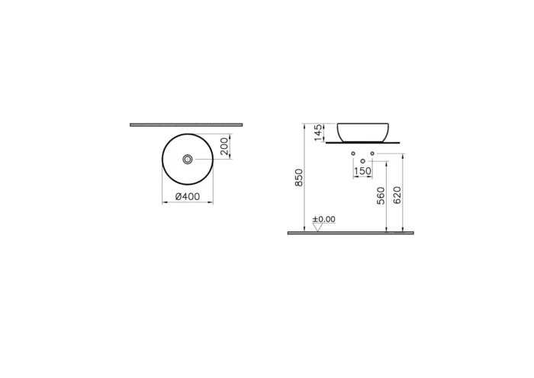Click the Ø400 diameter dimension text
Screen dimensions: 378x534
[x=188, y=196]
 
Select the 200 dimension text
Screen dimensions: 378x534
[x=224, y=147]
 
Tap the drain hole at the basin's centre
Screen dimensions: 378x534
[x=188, y=159]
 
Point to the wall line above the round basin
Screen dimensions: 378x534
[x=186, y=124]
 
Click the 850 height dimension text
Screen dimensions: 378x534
[x=300, y=177]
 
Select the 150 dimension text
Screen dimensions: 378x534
[x=363, y=172]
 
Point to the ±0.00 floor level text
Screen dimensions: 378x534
[x=324, y=219]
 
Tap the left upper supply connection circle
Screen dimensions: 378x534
[x=354, y=155]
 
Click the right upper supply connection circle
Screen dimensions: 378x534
[x=372, y=155]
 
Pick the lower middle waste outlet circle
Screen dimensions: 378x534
[x=363, y=161]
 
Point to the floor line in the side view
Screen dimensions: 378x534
[x=350, y=232]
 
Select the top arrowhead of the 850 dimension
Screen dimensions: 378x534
[x=304, y=125]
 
